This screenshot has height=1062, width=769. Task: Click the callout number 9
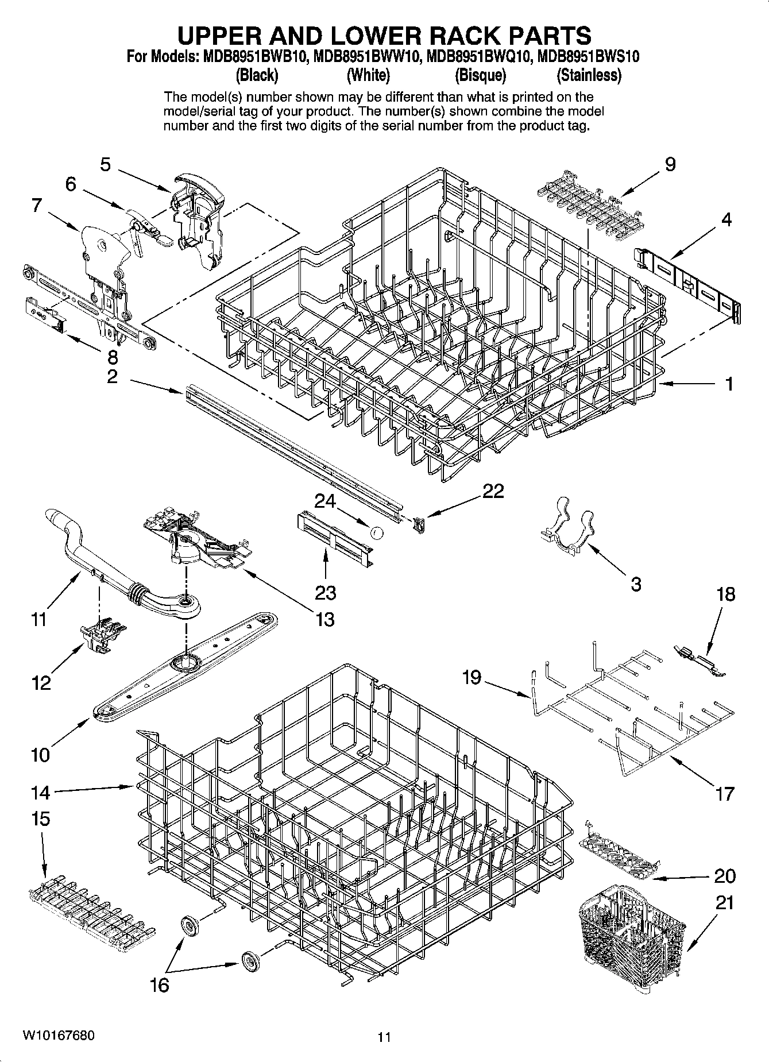pyautogui.click(x=670, y=165)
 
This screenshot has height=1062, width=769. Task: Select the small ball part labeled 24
pyautogui.click(x=377, y=533)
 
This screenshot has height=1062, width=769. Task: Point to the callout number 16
pyautogui.click(x=159, y=985)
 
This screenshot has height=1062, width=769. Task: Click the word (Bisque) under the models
pyautogui.click(x=480, y=75)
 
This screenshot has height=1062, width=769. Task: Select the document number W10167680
pyautogui.click(x=57, y=1036)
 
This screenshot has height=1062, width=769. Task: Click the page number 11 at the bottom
pyautogui.click(x=384, y=1037)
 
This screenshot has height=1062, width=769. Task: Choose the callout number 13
pyautogui.click(x=324, y=619)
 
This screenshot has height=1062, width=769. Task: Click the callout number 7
pyautogui.click(x=37, y=205)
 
